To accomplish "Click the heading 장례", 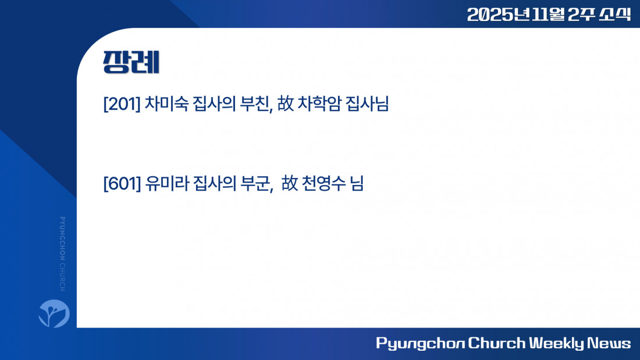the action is (131, 62).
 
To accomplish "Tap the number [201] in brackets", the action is (122, 104).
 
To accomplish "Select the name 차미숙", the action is (166, 104).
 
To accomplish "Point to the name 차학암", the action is (319, 104).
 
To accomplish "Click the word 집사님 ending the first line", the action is (367, 104).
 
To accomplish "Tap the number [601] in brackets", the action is (122, 183).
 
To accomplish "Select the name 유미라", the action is (167, 183).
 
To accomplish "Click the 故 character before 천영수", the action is (289, 183).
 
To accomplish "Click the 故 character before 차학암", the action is (285, 104).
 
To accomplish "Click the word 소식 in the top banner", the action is (615, 15).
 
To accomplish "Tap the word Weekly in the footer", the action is (556, 343).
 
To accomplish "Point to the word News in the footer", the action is (609, 343).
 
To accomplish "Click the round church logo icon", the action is (54, 313).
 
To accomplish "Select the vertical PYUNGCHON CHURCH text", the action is (62, 254).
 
